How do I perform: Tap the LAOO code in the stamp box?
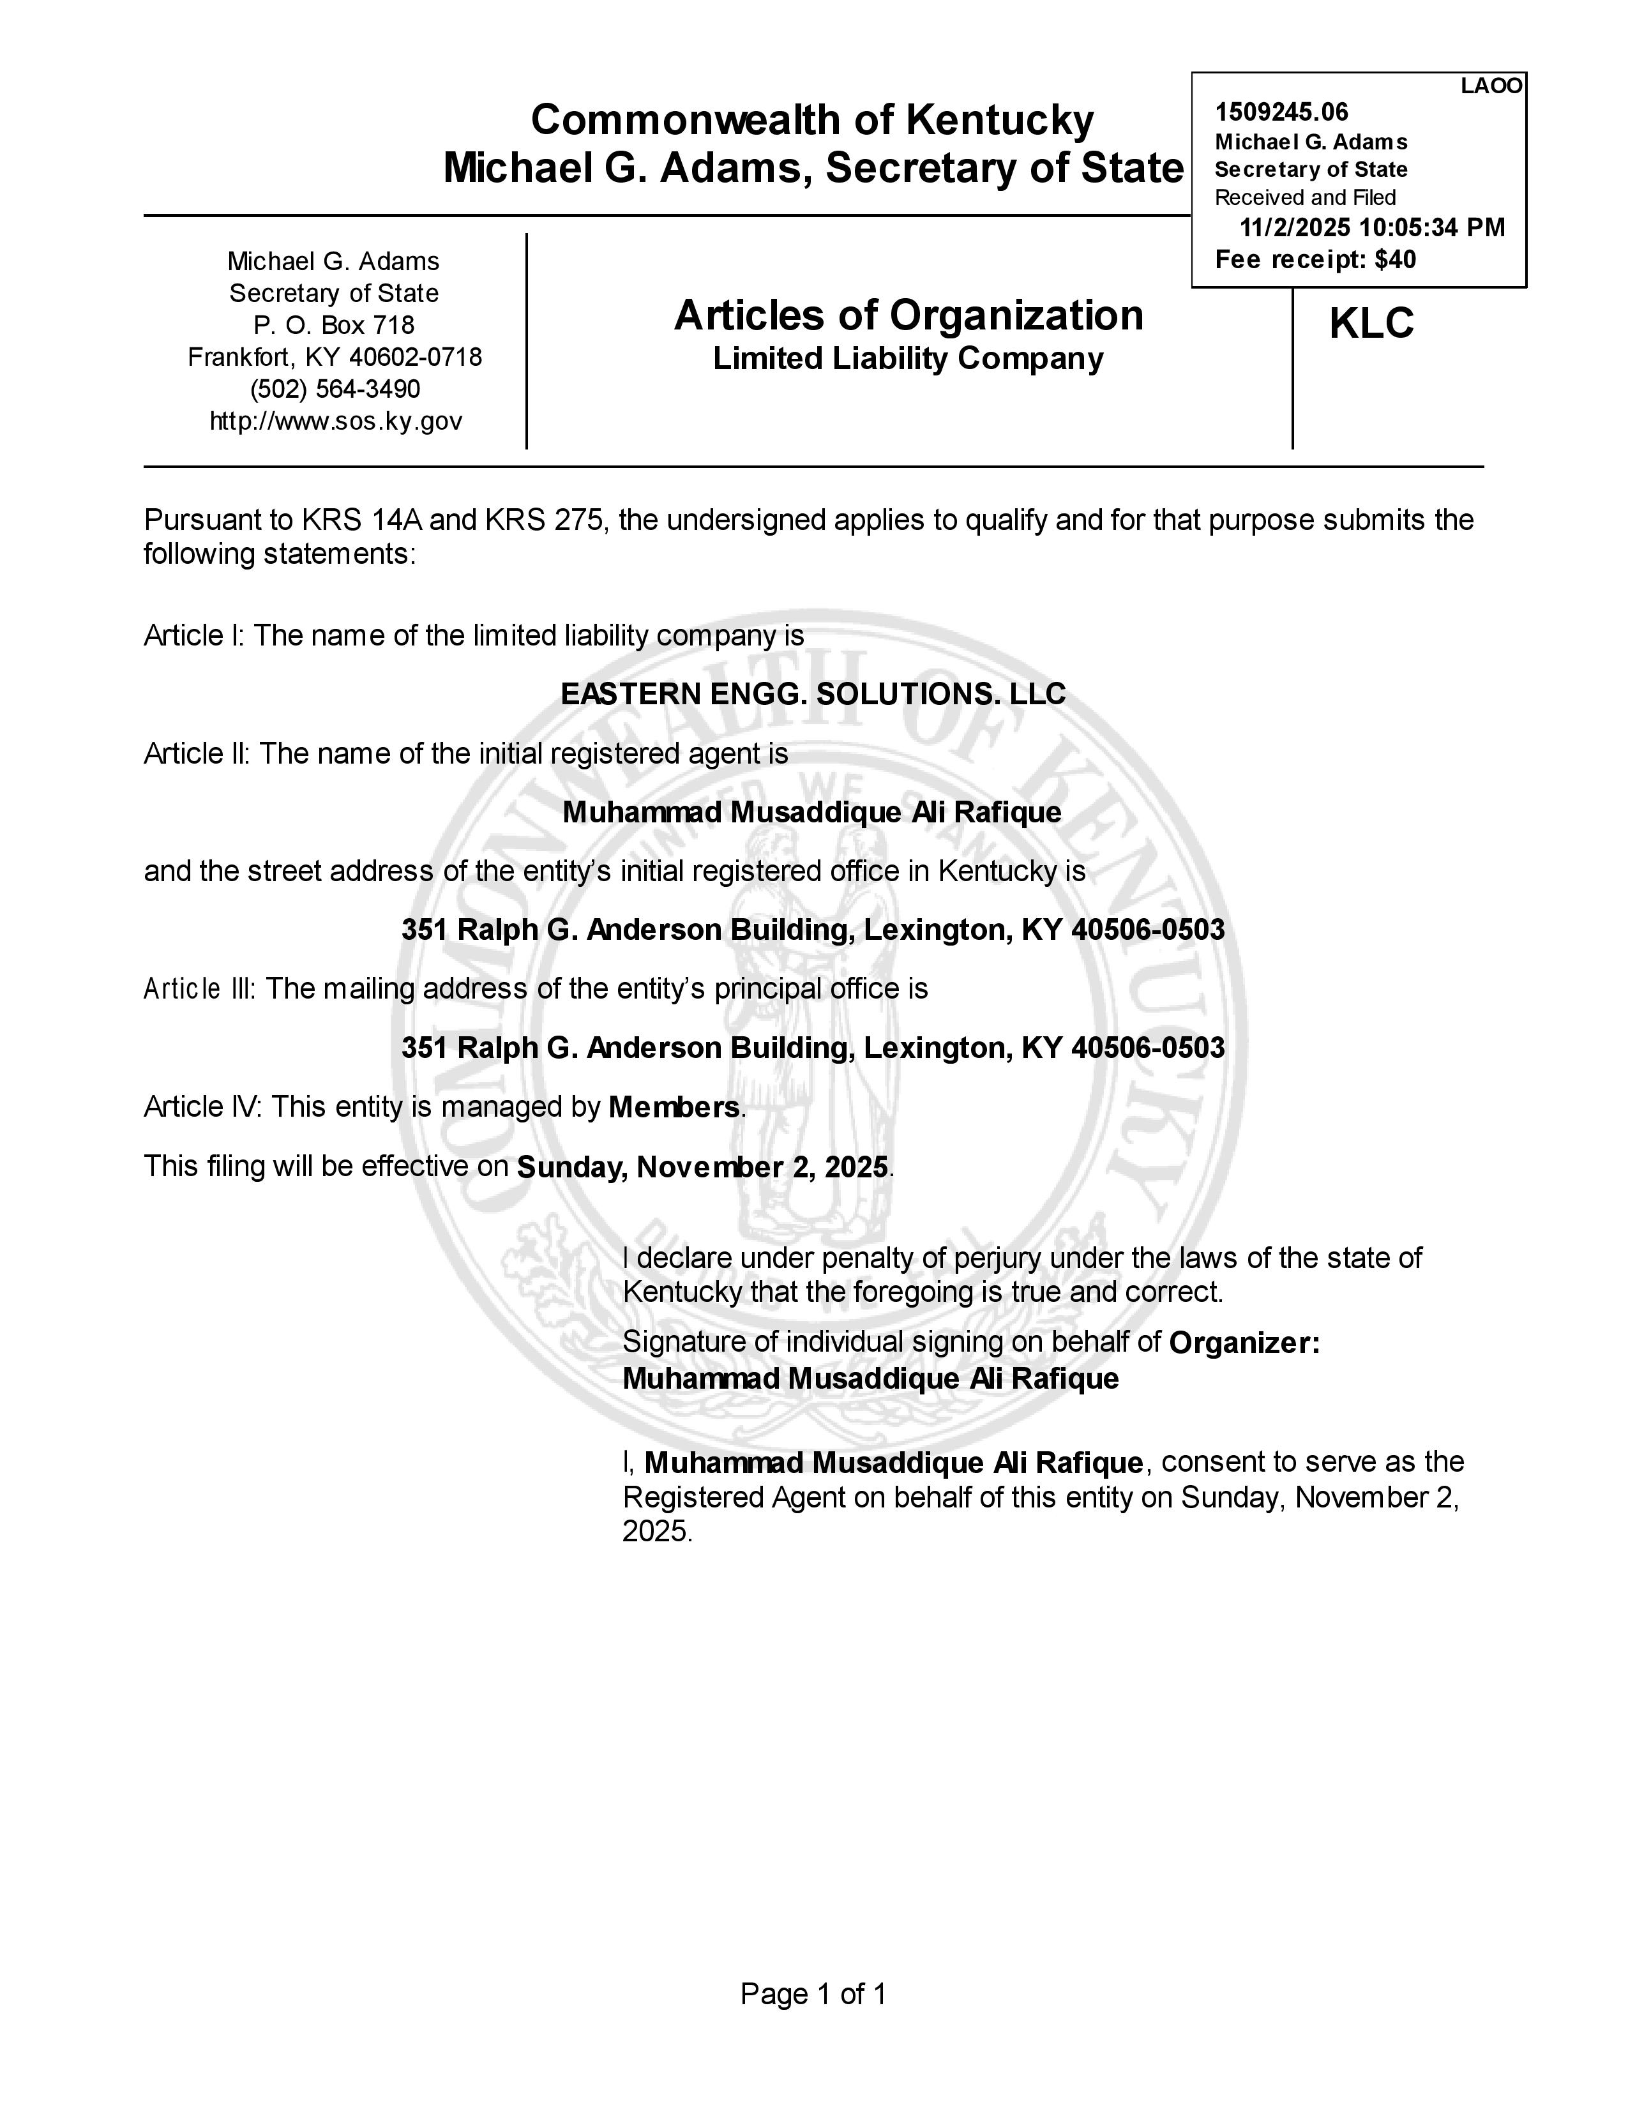1491,86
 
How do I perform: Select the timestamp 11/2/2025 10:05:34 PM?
1371,228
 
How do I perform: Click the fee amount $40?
1396,259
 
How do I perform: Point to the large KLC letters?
1371,323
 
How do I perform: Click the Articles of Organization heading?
908,315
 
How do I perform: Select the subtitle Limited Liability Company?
908,359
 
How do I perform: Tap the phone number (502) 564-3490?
335,389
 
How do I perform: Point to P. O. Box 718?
334,325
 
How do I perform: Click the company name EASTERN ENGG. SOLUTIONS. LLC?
813,693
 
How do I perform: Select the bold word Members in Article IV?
674,1108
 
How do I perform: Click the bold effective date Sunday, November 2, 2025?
702,1167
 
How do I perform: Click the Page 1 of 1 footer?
813,1994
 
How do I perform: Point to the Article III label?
199,989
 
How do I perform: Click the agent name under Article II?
811,812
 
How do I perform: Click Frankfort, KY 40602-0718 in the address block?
335,357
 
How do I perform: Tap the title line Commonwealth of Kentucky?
812,121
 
